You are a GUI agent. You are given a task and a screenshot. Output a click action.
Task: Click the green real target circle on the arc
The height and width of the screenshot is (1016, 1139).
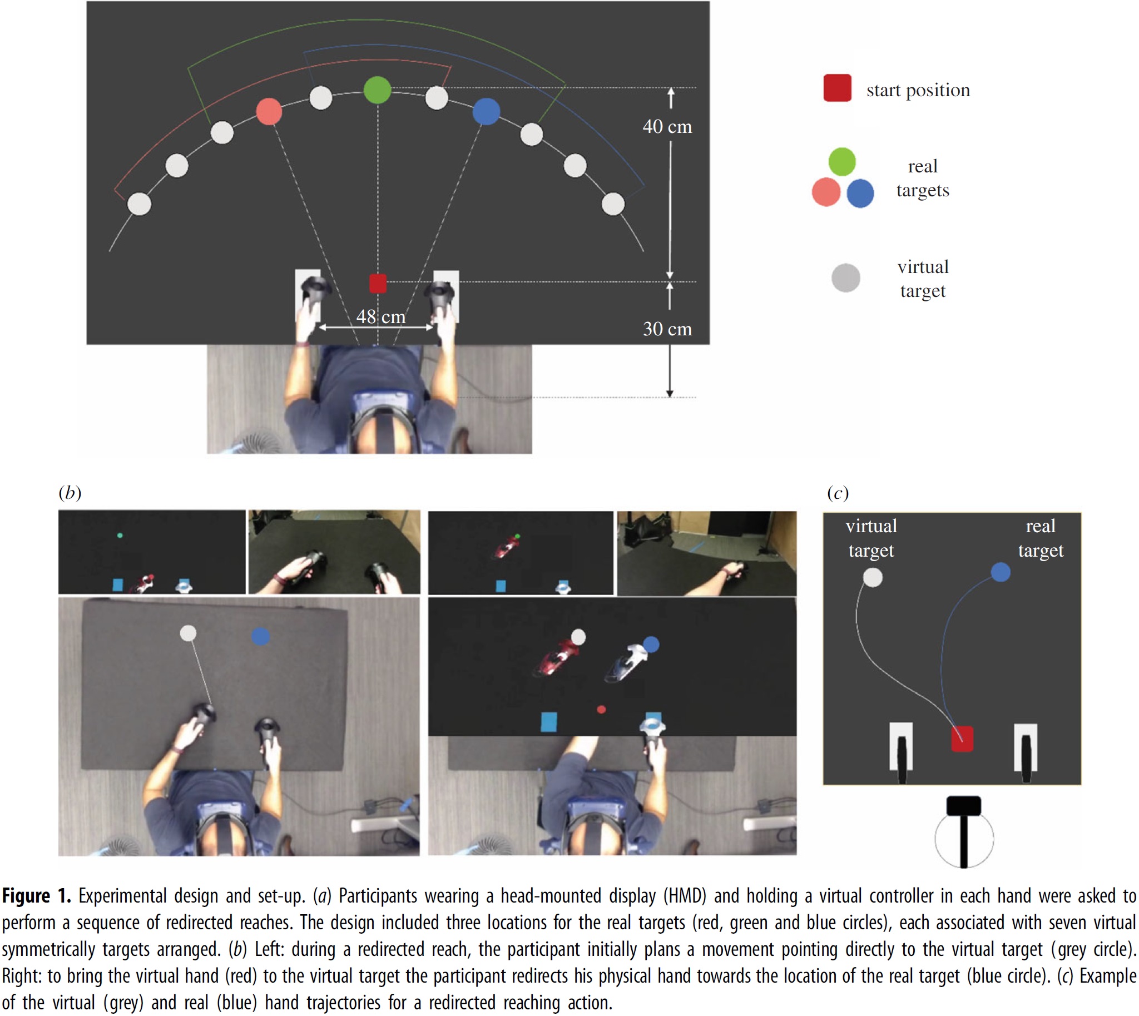pyautogui.click(x=378, y=90)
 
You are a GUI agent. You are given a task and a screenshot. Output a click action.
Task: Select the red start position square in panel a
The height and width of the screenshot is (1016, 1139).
pyautogui.click(x=378, y=283)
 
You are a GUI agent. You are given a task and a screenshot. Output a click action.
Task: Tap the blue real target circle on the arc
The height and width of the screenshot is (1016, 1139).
pyautogui.click(x=486, y=112)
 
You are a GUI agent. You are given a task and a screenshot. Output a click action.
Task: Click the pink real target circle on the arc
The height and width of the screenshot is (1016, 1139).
pyautogui.click(x=269, y=112)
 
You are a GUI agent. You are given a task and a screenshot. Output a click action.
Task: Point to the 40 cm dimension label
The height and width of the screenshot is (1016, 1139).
pyautogui.click(x=667, y=127)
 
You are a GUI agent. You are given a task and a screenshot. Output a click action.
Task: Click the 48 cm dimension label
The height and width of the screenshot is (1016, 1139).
pyautogui.click(x=381, y=316)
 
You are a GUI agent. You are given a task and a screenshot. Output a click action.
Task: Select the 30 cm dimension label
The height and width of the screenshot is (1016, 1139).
pyautogui.click(x=667, y=329)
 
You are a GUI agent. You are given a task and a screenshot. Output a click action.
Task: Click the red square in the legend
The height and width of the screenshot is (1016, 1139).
pyautogui.click(x=837, y=88)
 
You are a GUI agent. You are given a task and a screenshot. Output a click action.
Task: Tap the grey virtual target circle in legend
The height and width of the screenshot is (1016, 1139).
pyautogui.click(x=845, y=277)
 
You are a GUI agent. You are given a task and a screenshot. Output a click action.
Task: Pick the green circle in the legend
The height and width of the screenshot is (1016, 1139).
pyautogui.click(x=842, y=161)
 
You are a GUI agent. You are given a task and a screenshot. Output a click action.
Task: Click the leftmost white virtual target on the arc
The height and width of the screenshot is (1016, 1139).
pyautogui.click(x=140, y=204)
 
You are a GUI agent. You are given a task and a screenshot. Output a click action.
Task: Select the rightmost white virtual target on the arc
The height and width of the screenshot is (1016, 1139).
pyautogui.click(x=613, y=204)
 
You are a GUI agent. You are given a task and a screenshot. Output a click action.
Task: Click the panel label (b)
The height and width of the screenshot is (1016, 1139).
pyautogui.click(x=70, y=492)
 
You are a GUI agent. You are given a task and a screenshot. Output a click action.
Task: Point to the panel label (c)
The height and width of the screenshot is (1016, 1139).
pyautogui.click(x=838, y=492)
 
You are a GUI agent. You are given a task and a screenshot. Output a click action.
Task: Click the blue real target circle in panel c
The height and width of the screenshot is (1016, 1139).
pyautogui.click(x=1000, y=572)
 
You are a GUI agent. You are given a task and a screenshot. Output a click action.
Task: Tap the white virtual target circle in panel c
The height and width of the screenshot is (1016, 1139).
pyautogui.click(x=873, y=577)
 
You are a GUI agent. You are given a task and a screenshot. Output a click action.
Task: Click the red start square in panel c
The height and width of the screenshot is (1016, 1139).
pyautogui.click(x=962, y=739)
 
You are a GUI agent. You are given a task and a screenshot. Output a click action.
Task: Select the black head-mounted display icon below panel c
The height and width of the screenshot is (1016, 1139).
pyautogui.click(x=964, y=806)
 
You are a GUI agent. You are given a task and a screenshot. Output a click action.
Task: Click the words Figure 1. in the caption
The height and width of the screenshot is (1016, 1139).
pyautogui.click(x=36, y=896)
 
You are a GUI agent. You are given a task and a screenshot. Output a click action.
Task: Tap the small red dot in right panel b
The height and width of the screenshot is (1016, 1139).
pyautogui.click(x=601, y=710)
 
